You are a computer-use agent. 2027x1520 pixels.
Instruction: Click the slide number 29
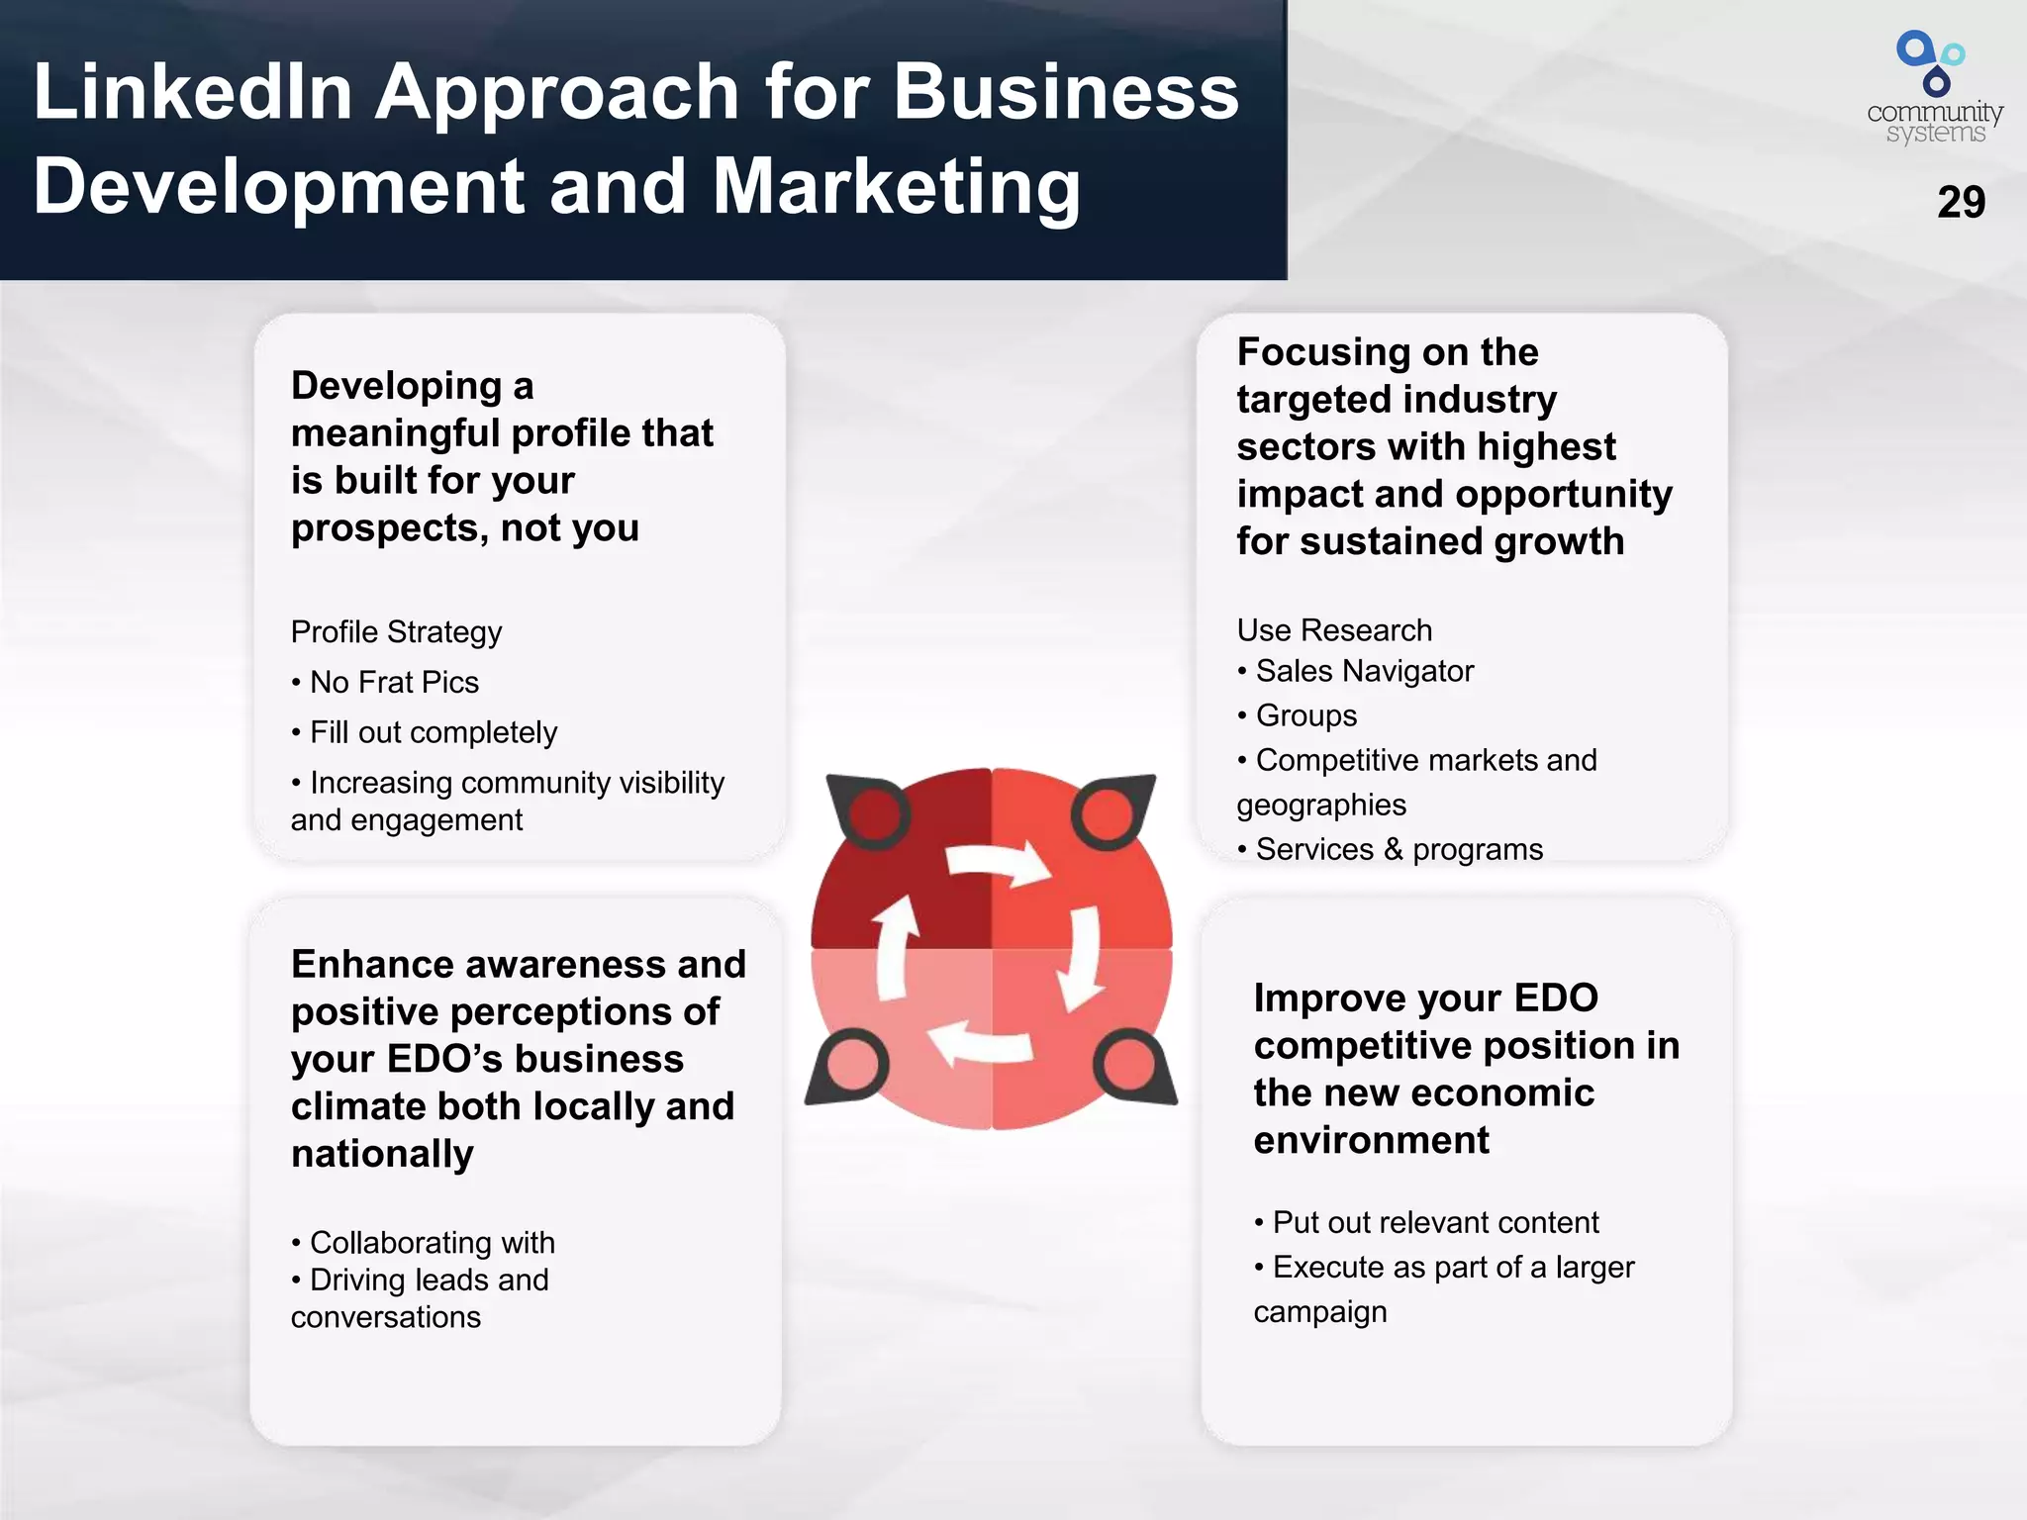pos(1961,202)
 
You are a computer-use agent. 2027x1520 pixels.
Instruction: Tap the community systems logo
pos(1934,88)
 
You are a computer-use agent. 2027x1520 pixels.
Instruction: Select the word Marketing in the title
pos(897,187)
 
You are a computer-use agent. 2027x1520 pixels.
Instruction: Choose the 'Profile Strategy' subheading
pos(396,631)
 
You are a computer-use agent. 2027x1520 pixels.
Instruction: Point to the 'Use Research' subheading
pos(1334,629)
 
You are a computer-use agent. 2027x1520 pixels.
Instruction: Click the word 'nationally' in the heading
pos(382,1154)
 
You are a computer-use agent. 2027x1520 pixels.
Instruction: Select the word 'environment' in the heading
pos(1371,1140)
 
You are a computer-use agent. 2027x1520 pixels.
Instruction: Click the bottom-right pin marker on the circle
pos(1131,1068)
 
